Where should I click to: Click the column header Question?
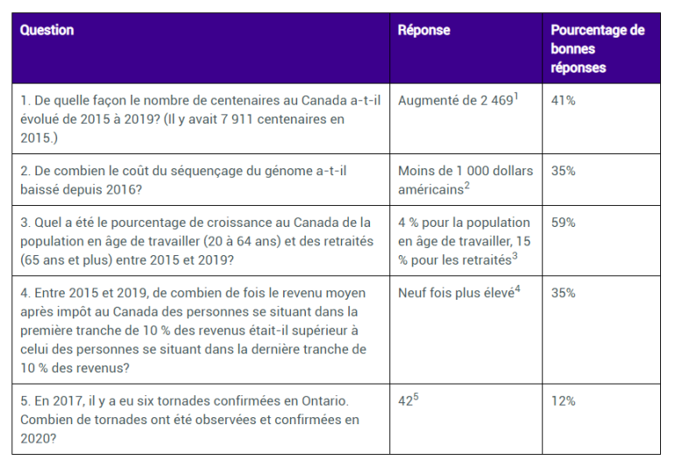[46, 31]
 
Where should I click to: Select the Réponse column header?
[423, 31]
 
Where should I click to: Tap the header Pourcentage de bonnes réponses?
[597, 48]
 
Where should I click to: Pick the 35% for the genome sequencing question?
[563, 171]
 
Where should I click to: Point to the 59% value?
[563, 223]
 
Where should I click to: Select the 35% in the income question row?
[563, 293]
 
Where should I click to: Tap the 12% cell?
[563, 401]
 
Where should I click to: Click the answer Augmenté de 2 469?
[454, 101]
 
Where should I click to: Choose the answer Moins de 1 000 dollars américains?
[464, 180]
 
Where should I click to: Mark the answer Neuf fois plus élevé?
[456, 293]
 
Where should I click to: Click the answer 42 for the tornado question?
[407, 401]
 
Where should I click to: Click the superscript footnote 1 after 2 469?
[516, 96]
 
